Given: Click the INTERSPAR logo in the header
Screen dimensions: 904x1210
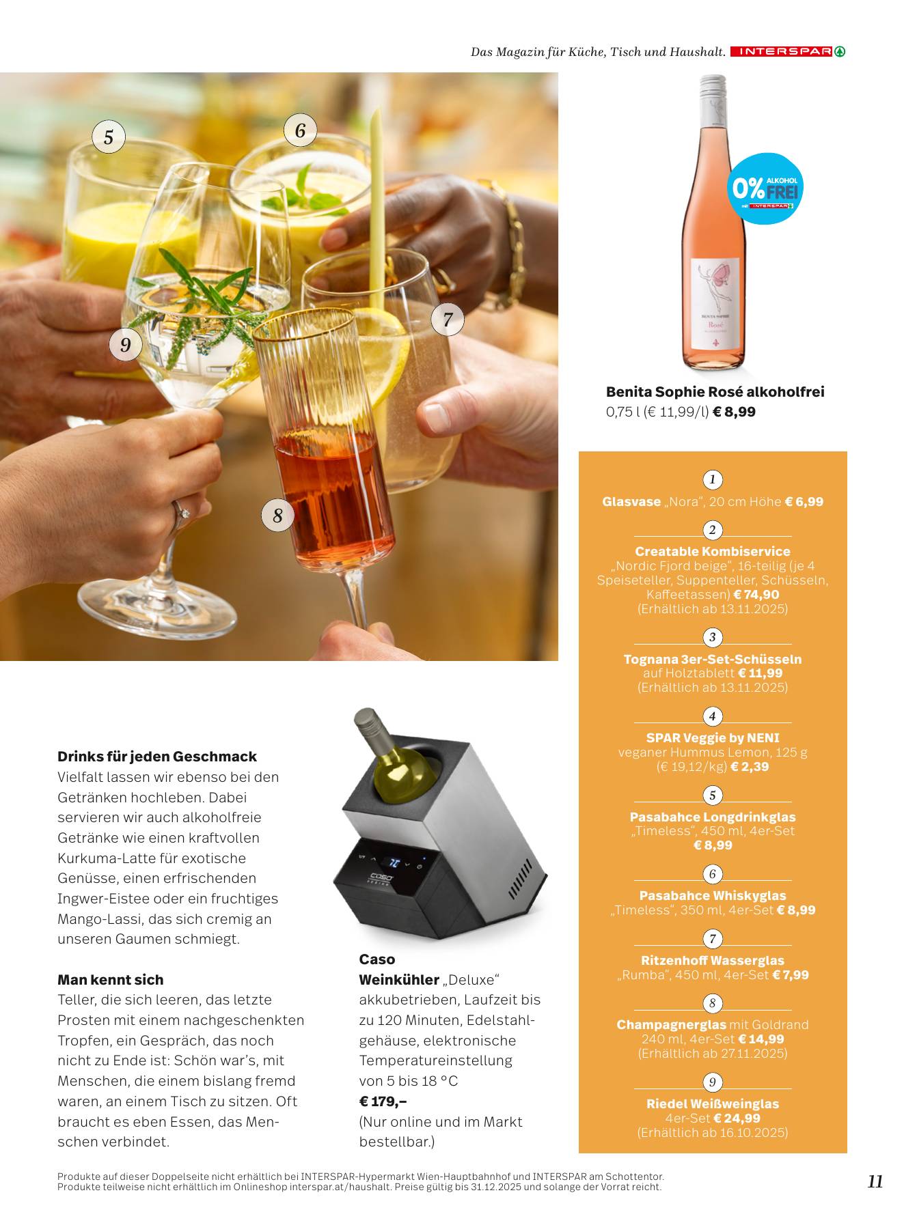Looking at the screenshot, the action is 787,51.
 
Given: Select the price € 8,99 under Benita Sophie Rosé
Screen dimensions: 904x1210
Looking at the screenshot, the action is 734,412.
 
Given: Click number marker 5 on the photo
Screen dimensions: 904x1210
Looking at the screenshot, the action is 109,137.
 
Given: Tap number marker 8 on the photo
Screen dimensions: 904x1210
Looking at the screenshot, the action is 277,515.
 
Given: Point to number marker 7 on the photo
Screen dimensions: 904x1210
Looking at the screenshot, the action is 448,319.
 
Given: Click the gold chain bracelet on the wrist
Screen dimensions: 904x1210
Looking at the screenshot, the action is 509,246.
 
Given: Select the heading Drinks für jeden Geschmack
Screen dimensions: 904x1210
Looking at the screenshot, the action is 157,757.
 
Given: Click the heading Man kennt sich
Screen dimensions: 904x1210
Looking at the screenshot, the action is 111,980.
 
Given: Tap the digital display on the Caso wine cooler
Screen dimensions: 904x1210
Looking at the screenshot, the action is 395,862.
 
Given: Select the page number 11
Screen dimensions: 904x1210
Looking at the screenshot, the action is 875,1181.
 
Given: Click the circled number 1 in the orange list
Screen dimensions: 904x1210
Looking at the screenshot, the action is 713,479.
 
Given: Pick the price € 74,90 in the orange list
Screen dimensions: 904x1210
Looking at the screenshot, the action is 756,595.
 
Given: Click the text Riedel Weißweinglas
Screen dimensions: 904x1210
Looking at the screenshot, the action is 713,1104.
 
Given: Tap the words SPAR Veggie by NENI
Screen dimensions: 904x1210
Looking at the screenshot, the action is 713,738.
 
